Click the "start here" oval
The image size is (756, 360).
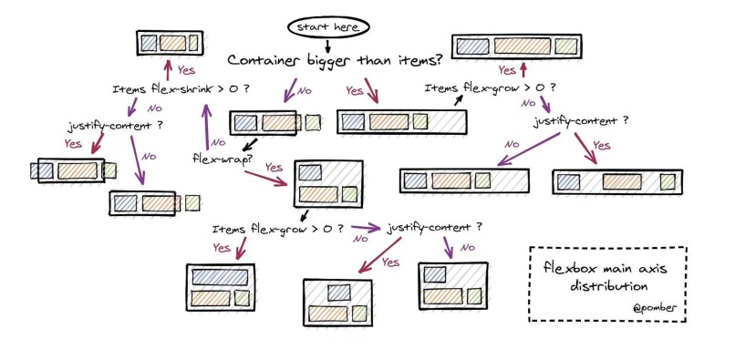(x=328, y=27)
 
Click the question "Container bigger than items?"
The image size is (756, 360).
(x=335, y=61)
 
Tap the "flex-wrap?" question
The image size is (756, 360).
(x=222, y=159)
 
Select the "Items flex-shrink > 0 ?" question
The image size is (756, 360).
(x=181, y=89)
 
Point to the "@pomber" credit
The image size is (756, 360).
(x=655, y=307)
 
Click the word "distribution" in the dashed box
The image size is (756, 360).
(x=609, y=285)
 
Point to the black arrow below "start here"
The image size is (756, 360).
(x=328, y=46)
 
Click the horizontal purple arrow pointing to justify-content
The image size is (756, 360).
(x=366, y=228)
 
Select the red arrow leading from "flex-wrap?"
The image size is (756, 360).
(x=266, y=178)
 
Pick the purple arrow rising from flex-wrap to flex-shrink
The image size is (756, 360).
(x=207, y=127)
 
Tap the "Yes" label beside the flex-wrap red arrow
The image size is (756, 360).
(x=274, y=167)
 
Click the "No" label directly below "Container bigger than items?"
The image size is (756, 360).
(x=305, y=90)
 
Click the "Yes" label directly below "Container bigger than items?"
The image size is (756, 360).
(x=355, y=90)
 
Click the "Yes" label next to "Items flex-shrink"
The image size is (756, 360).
(x=186, y=70)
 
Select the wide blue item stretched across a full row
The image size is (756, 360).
(x=220, y=277)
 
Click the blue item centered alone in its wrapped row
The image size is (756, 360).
(x=339, y=293)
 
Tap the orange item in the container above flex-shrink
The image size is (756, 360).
(x=172, y=44)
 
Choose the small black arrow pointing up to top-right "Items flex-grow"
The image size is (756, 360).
(x=458, y=99)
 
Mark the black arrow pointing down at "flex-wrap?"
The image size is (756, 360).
(x=249, y=145)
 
